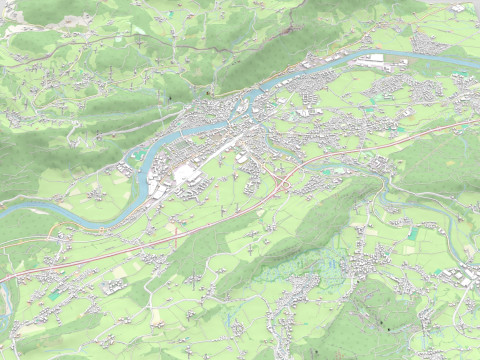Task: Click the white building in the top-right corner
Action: click(x=457, y=8)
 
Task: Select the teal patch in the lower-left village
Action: click(x=55, y=296)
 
